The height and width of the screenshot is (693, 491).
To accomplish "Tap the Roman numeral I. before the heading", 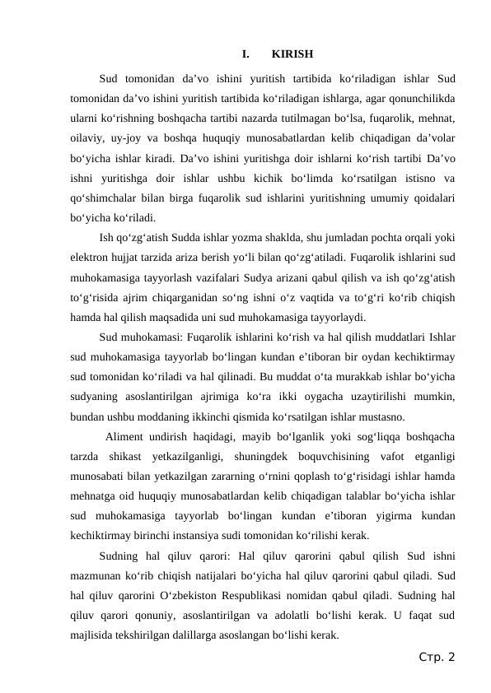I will point(245,55).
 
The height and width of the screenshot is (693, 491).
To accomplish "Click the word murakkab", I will point(321,377).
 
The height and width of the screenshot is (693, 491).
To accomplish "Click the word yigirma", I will point(377,515).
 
